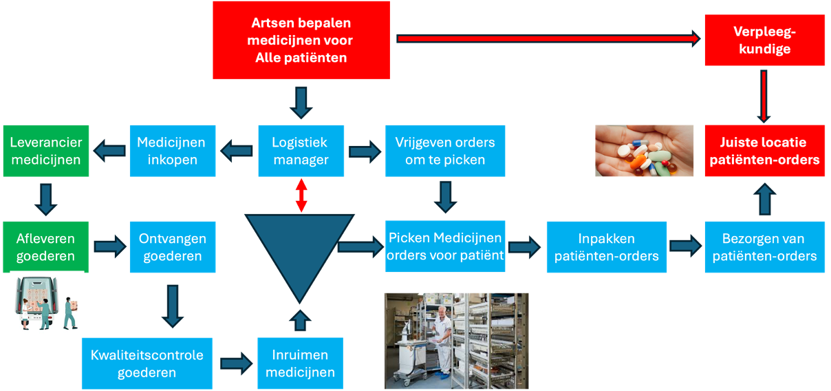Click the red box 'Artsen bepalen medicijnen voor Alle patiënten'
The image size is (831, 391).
point(301,40)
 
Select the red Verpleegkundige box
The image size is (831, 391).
point(764,41)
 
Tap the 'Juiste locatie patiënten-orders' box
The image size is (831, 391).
point(764,151)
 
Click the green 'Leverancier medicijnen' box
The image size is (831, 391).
point(45,151)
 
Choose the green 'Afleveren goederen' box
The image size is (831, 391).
point(45,247)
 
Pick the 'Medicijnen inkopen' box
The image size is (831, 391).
point(171,151)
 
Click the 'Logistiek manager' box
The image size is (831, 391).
point(300,151)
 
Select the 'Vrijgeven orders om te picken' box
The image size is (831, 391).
point(445,151)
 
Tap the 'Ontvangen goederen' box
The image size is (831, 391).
point(171,247)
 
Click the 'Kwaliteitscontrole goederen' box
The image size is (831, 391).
point(147,363)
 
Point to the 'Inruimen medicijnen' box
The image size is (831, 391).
point(300,363)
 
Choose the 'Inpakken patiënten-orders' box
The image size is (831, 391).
point(606,247)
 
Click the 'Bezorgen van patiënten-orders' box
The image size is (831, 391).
point(764,247)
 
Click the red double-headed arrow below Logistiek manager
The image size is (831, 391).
point(301,195)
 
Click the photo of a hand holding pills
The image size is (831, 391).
point(645,151)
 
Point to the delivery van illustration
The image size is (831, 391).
point(47,302)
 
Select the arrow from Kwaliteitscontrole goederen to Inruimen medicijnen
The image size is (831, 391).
point(236,363)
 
